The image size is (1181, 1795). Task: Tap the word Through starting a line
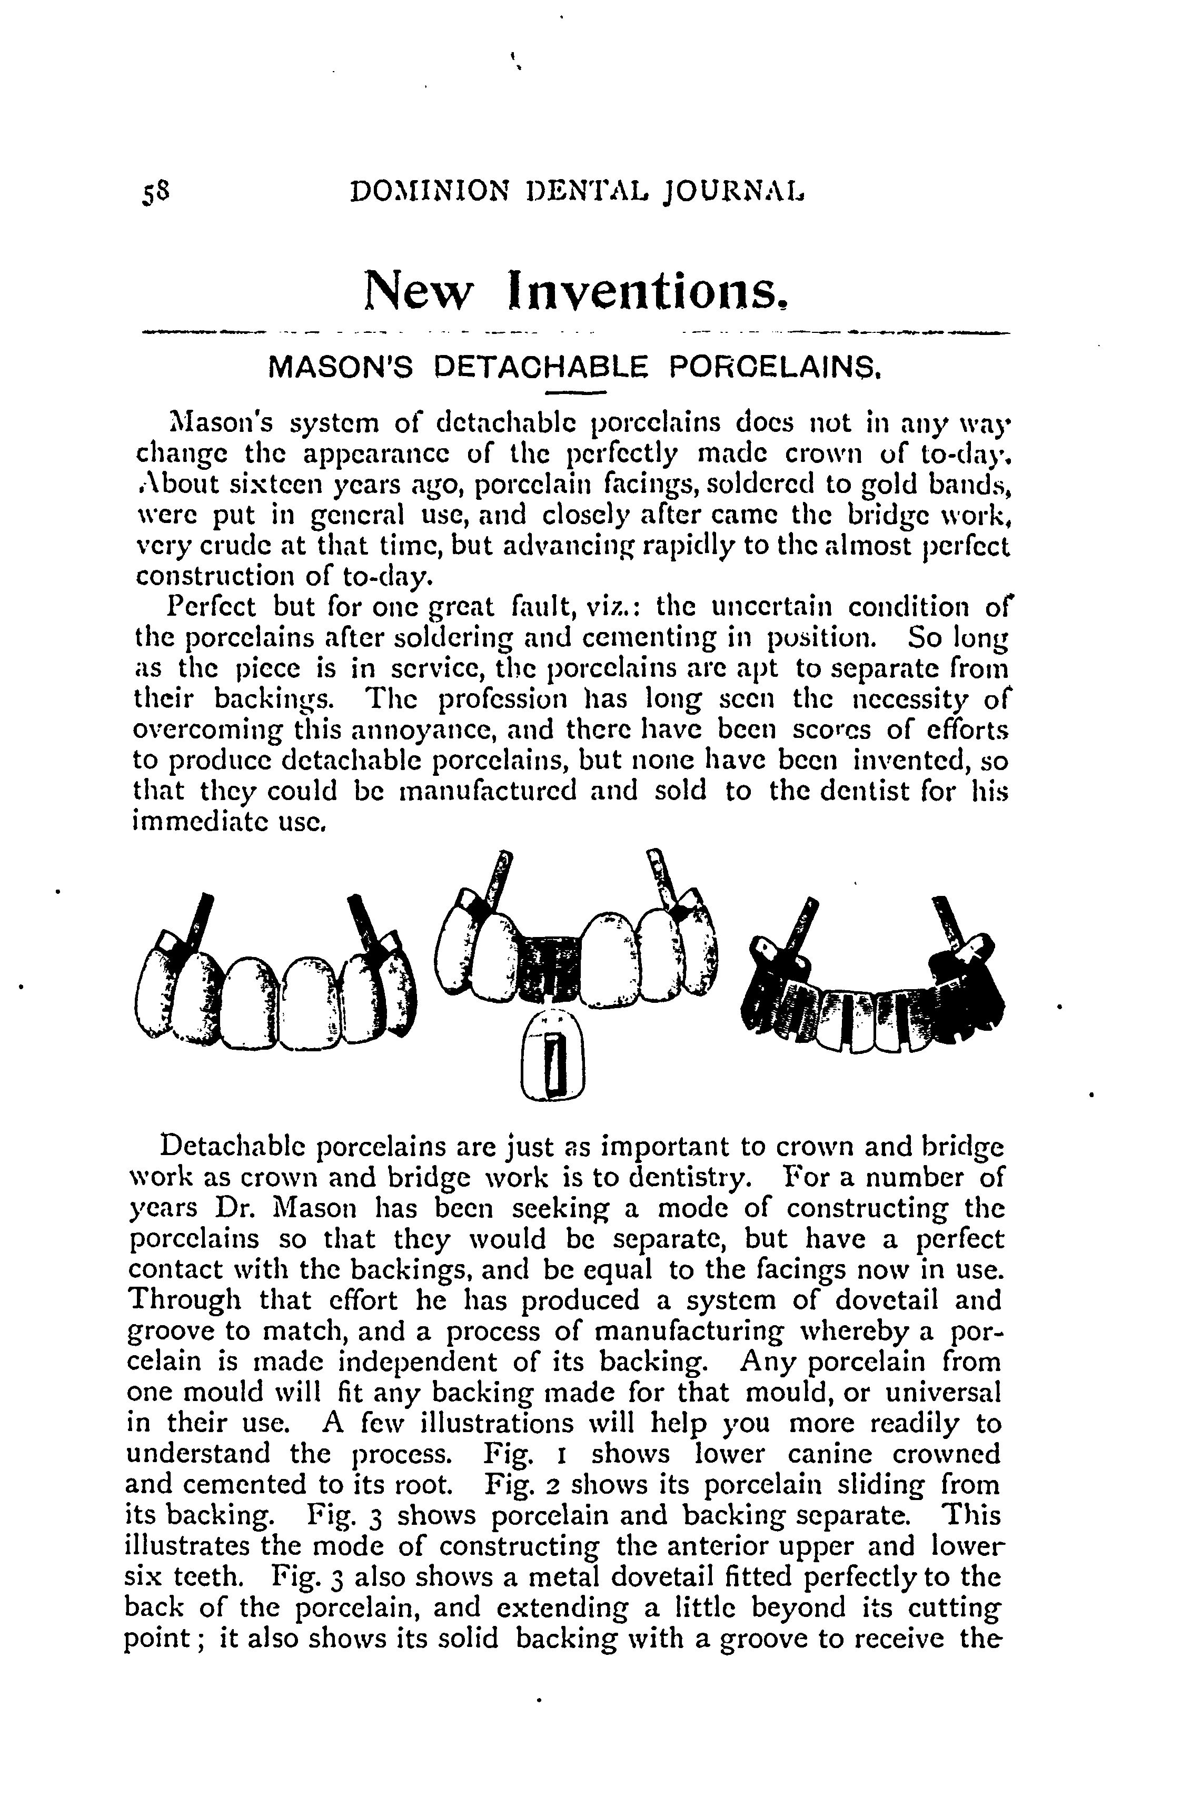point(184,1300)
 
